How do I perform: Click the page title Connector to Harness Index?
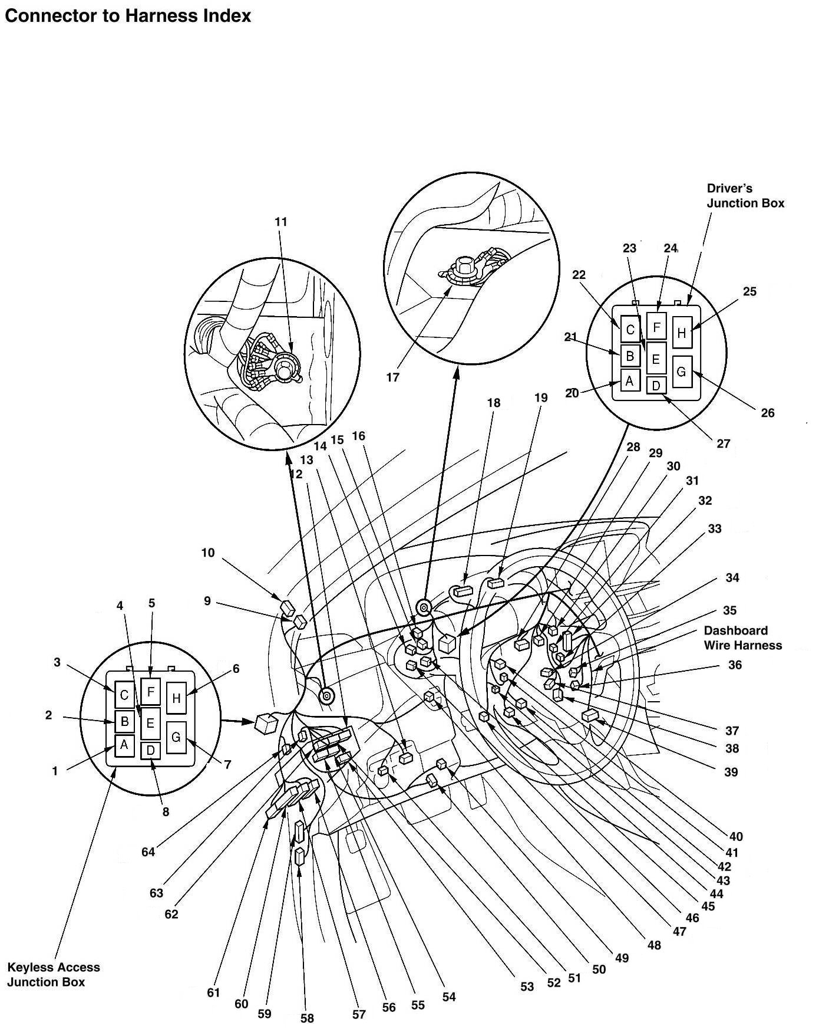tap(128, 16)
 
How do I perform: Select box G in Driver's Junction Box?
tap(682, 372)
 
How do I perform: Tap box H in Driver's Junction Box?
tap(682, 333)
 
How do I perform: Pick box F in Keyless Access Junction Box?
tap(150, 691)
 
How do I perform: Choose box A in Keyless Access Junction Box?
tap(124, 745)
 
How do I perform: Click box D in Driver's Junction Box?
tap(656, 386)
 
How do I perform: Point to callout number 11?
tap(281, 222)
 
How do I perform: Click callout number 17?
tap(393, 377)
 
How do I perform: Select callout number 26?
tap(767, 413)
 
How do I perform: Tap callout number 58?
tap(307, 1018)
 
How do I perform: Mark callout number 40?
tap(736, 836)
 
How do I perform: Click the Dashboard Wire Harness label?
tap(743, 638)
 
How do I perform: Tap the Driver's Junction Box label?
tap(745, 196)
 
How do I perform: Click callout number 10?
tap(208, 553)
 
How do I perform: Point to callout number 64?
tap(148, 852)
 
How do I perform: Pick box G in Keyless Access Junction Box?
tap(176, 737)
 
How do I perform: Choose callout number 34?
tap(732, 577)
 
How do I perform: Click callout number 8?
tap(166, 812)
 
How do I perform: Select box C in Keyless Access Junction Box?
tap(124, 695)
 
